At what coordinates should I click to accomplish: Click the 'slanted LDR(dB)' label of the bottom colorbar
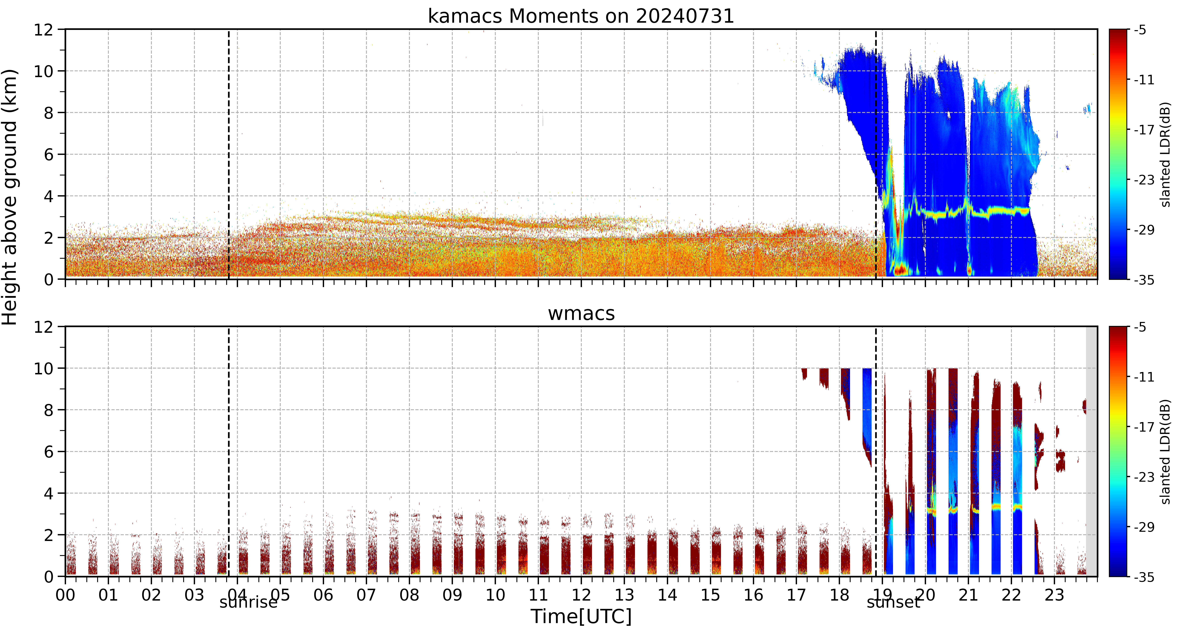1166,452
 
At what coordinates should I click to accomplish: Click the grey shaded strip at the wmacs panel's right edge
1092,451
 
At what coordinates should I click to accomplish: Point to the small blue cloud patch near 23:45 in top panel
1087,109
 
